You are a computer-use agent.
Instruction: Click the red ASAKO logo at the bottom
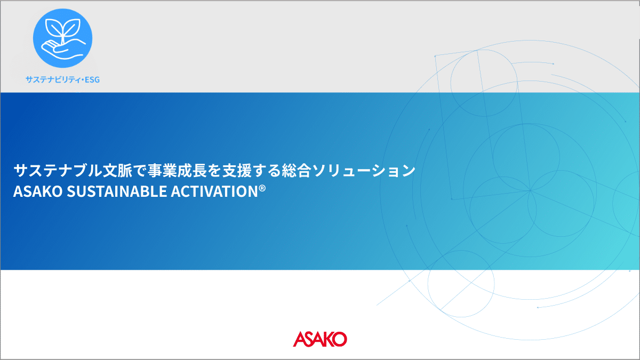click(319, 339)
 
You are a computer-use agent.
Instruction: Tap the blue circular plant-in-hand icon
click(62, 38)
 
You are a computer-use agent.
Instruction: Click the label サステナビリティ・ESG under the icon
click(62, 79)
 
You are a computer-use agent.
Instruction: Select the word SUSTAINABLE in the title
click(117, 191)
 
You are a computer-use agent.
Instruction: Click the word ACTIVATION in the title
click(214, 191)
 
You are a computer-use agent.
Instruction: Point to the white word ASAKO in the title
click(38, 191)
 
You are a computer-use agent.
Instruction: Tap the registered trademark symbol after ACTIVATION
click(262, 188)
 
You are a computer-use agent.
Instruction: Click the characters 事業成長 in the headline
click(177, 170)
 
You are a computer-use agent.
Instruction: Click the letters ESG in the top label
click(92, 79)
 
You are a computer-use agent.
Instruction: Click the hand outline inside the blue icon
click(63, 50)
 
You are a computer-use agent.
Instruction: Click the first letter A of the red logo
click(300, 339)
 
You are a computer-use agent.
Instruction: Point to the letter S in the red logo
click(310, 339)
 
